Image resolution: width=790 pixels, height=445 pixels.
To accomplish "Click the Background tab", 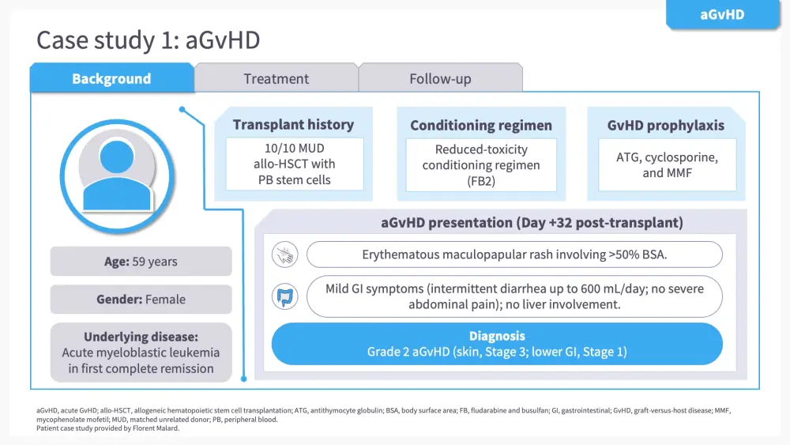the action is [111, 78].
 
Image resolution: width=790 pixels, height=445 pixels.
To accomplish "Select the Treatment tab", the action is [276, 78].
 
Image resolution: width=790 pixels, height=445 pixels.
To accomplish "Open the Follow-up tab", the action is [440, 78].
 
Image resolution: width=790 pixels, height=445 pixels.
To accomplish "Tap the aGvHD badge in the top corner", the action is [723, 14].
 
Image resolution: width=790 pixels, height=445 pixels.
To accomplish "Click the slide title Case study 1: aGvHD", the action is [149, 40].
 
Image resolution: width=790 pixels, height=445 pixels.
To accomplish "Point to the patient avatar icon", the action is [118, 176].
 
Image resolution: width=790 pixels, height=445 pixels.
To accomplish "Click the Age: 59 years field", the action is [141, 262].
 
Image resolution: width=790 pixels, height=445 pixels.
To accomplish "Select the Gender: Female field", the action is [141, 300].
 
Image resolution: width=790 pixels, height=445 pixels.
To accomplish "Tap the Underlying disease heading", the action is [141, 337].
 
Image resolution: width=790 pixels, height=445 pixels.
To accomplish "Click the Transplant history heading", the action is [293, 124].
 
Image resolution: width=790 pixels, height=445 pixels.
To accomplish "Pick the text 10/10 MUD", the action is [294, 148].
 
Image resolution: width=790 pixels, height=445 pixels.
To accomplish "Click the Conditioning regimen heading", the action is [481, 126].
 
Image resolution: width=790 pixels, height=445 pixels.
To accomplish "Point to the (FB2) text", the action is [481, 181].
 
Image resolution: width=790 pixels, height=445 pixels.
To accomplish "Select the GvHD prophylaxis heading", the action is [665, 126].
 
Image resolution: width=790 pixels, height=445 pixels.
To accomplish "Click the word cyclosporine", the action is [682, 157].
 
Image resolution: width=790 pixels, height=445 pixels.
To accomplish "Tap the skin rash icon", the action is [284, 255].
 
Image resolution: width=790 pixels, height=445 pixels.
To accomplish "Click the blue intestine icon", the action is [284, 297].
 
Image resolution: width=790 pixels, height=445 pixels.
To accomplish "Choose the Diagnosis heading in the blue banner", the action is [497, 336].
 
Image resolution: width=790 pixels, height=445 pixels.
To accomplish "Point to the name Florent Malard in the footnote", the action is [156, 428].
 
